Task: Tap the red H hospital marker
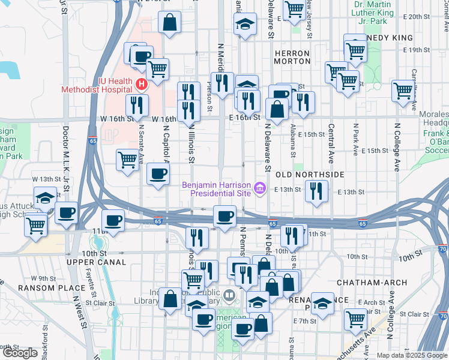pos(142,84)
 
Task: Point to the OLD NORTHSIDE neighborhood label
pos(310,174)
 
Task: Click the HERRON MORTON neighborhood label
pos(292,58)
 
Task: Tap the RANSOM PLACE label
pos(44,287)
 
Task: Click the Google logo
pos(20,352)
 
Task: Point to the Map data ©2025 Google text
pos(411,355)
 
